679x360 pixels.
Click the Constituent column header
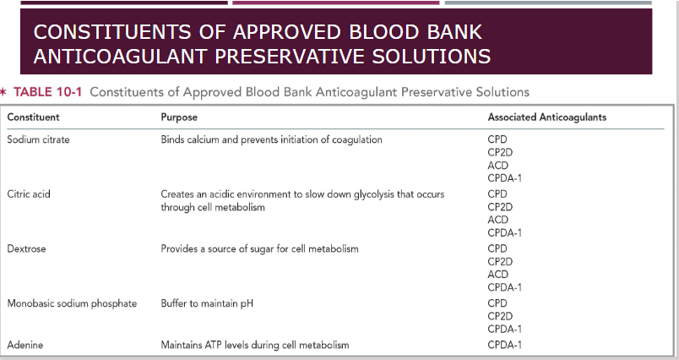tap(33, 117)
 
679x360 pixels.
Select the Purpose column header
tap(179, 117)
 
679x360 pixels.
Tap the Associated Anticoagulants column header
tap(546, 117)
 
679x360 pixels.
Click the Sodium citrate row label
tap(38, 139)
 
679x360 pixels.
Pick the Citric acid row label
tap(30, 194)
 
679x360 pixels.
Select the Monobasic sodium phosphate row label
tap(72, 303)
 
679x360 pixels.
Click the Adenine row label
tap(25, 345)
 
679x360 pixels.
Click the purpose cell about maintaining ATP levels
tap(254, 345)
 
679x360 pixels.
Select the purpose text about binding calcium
tap(271, 139)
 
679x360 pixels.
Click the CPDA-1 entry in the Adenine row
tap(505, 345)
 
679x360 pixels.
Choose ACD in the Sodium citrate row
tap(498, 166)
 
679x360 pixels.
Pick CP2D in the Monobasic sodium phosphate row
tap(501, 316)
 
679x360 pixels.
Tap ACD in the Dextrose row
tap(498, 274)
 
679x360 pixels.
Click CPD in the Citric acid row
tap(497, 194)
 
